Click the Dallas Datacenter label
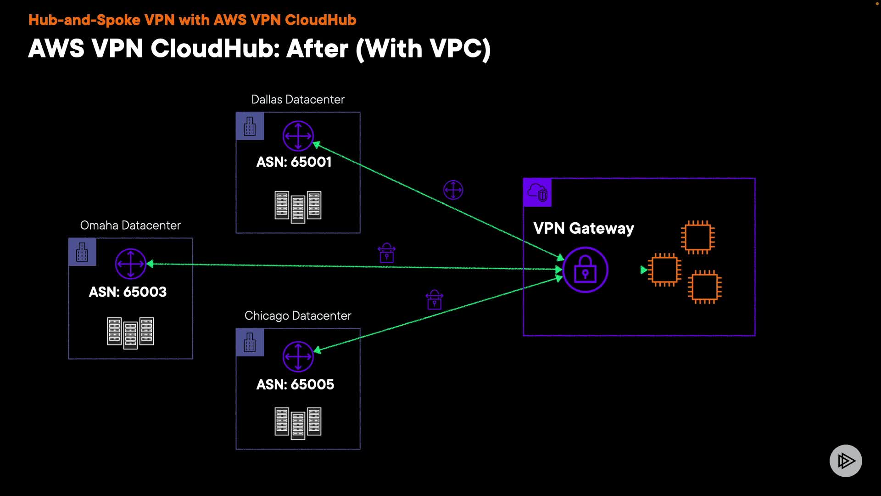point(298,100)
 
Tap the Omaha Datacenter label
point(130,225)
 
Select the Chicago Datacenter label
point(298,316)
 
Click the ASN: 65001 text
point(294,162)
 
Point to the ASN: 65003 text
point(128,292)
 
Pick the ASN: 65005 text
point(295,385)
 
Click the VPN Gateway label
point(584,228)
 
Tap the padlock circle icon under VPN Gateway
point(585,270)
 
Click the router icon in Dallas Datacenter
point(298,136)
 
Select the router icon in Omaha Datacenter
point(130,264)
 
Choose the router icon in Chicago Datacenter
point(298,356)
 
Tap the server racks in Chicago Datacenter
point(298,423)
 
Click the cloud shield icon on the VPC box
point(537,192)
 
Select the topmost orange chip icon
point(697,237)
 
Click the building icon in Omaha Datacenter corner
point(82,252)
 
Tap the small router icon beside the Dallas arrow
point(453,190)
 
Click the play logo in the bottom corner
point(845,461)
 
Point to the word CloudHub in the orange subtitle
point(320,20)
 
